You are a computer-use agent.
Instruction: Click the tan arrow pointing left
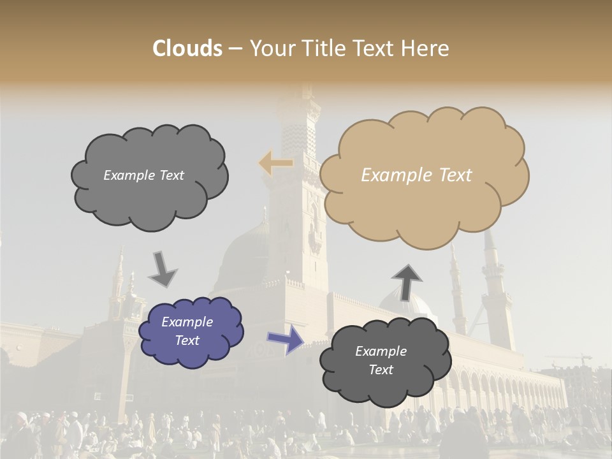point(275,163)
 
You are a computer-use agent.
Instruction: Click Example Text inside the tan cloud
point(416,175)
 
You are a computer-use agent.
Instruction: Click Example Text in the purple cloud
point(187,331)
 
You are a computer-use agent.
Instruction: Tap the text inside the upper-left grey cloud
point(143,175)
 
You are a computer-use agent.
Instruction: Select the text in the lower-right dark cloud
point(381,360)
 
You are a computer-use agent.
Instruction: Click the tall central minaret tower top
point(298,102)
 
